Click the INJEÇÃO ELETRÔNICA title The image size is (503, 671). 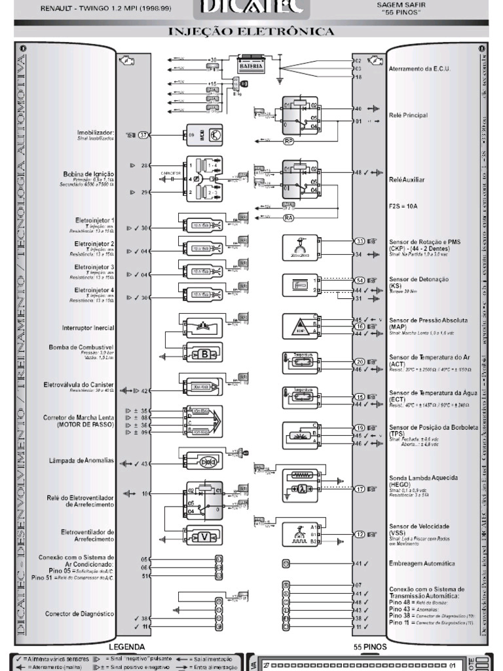[251, 31]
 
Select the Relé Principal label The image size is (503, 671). [407, 115]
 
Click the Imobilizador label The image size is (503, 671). [96, 133]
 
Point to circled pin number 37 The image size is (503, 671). [144, 135]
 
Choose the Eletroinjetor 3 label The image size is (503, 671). [94, 267]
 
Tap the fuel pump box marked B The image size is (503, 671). [204, 354]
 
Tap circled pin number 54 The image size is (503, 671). [360, 280]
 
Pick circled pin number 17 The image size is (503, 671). [360, 489]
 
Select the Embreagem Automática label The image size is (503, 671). [422, 564]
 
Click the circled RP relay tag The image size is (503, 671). [288, 141]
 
